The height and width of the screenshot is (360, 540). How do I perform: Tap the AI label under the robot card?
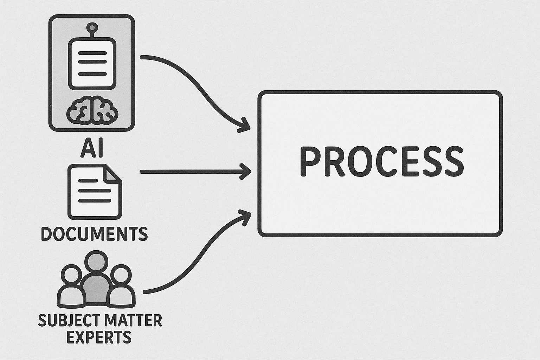[x=92, y=147]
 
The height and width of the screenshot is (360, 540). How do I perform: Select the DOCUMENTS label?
[x=94, y=234]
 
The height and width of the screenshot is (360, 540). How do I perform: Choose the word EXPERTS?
[x=98, y=337]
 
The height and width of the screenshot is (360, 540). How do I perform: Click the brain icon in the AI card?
[x=92, y=110]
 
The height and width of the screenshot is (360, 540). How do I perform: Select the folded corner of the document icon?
[x=112, y=174]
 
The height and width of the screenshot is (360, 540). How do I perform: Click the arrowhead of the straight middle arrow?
[x=245, y=172]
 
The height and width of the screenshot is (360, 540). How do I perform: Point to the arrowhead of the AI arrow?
[x=244, y=126]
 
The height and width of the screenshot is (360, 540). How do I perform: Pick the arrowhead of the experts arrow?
[x=245, y=217]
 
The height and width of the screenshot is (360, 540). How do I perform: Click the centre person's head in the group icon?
[x=97, y=261]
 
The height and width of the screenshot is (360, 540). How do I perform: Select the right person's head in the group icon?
[x=122, y=275]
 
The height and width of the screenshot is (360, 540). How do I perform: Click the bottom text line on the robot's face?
[x=92, y=74]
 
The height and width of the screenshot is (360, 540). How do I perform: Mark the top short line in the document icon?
[x=88, y=181]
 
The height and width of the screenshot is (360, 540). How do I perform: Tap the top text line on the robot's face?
[x=92, y=53]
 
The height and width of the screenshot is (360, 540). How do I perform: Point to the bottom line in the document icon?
[x=94, y=200]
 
